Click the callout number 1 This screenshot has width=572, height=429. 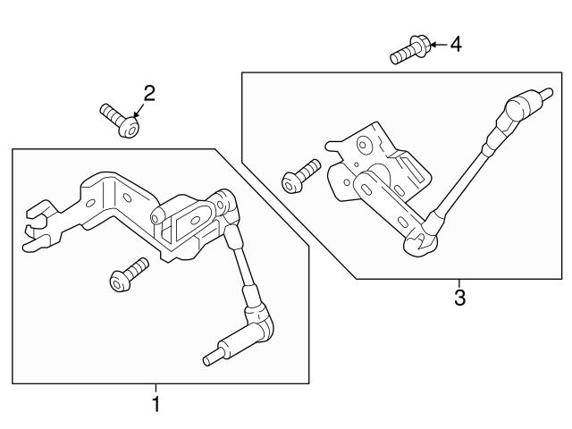pos(156,404)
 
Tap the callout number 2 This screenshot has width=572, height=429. pos(149,94)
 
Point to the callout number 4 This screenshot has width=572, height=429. pos(456,42)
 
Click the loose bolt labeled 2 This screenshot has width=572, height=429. pos(119,121)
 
